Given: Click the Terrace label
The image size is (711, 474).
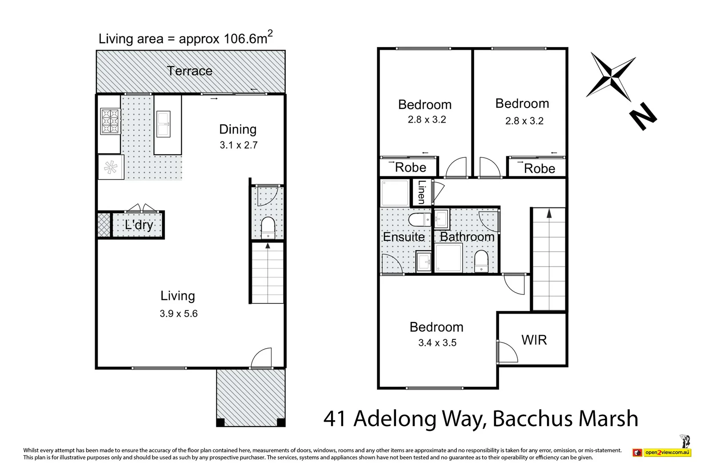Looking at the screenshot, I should pyautogui.click(x=190, y=71).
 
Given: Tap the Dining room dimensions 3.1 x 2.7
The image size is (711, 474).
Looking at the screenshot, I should pyautogui.click(x=239, y=145).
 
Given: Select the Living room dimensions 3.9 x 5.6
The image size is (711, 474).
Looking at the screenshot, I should pyautogui.click(x=179, y=314).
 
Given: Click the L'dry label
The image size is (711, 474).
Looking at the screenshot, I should pyautogui.click(x=139, y=225).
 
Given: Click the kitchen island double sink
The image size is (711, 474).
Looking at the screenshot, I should pyautogui.click(x=164, y=124).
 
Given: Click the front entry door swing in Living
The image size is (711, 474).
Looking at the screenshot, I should pyautogui.click(x=261, y=358).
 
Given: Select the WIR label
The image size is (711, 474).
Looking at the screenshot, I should pyautogui.click(x=534, y=340).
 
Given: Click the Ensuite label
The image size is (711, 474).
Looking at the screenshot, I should pyautogui.click(x=403, y=237).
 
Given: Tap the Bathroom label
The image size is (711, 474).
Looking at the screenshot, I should pyautogui.click(x=467, y=237).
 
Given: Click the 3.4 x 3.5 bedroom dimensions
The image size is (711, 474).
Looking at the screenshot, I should pyautogui.click(x=437, y=343).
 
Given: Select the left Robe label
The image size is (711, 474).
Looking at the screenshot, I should pyautogui.click(x=410, y=167).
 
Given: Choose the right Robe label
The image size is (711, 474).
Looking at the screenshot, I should pyautogui.click(x=539, y=168).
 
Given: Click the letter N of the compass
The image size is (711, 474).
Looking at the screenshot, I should pyautogui.click(x=643, y=117).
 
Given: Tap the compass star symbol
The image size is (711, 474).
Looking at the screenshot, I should pyautogui.click(x=611, y=76).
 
